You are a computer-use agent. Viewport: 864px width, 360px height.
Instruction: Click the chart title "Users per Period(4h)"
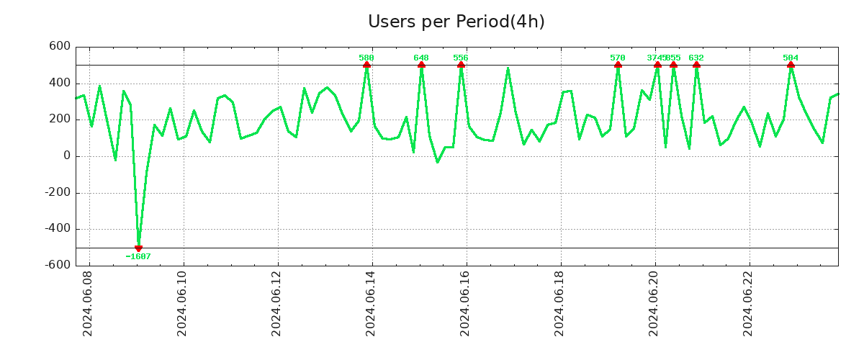click(x=456, y=22)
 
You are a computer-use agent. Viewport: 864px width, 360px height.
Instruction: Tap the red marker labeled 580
click(x=366, y=65)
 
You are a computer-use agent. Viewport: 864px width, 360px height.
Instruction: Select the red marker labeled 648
click(x=421, y=65)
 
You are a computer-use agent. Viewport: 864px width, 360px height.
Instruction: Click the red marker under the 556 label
click(x=461, y=65)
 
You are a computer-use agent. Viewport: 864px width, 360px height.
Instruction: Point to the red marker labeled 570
click(x=618, y=65)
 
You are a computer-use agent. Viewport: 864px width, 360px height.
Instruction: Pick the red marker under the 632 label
click(x=696, y=65)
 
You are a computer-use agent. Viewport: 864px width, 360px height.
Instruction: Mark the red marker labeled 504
click(x=791, y=65)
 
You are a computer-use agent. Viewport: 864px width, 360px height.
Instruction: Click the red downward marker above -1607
click(x=138, y=248)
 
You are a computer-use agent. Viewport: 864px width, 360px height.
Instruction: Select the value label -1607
click(x=138, y=256)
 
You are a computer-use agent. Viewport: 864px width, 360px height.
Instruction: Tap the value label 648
click(x=421, y=58)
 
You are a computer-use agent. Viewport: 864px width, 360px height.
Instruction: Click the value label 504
click(x=791, y=58)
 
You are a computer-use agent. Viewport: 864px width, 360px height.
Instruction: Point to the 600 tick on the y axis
click(x=59, y=47)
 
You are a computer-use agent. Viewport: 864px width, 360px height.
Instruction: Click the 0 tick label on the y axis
click(x=66, y=156)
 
